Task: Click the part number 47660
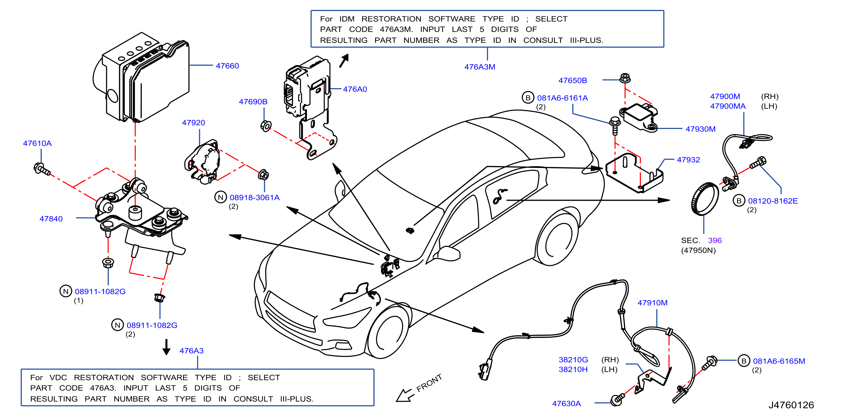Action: tap(227, 66)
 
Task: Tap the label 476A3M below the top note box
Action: tap(479, 67)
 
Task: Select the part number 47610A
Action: tap(37, 143)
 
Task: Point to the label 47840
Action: tap(51, 219)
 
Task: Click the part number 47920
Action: tap(194, 123)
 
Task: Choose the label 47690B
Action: tap(253, 102)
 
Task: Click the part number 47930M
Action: tap(700, 129)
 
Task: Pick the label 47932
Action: tap(688, 160)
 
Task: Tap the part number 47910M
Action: tap(652, 303)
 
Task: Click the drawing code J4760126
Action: tap(791, 405)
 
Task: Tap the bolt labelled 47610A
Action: tap(42, 169)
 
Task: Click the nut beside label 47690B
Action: tap(266, 126)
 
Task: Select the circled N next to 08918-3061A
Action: tap(220, 197)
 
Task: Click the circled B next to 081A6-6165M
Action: tap(744, 361)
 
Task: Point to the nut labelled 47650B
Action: tap(625, 78)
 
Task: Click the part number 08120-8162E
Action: tap(773, 201)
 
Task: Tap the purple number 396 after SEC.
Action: tap(715, 240)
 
